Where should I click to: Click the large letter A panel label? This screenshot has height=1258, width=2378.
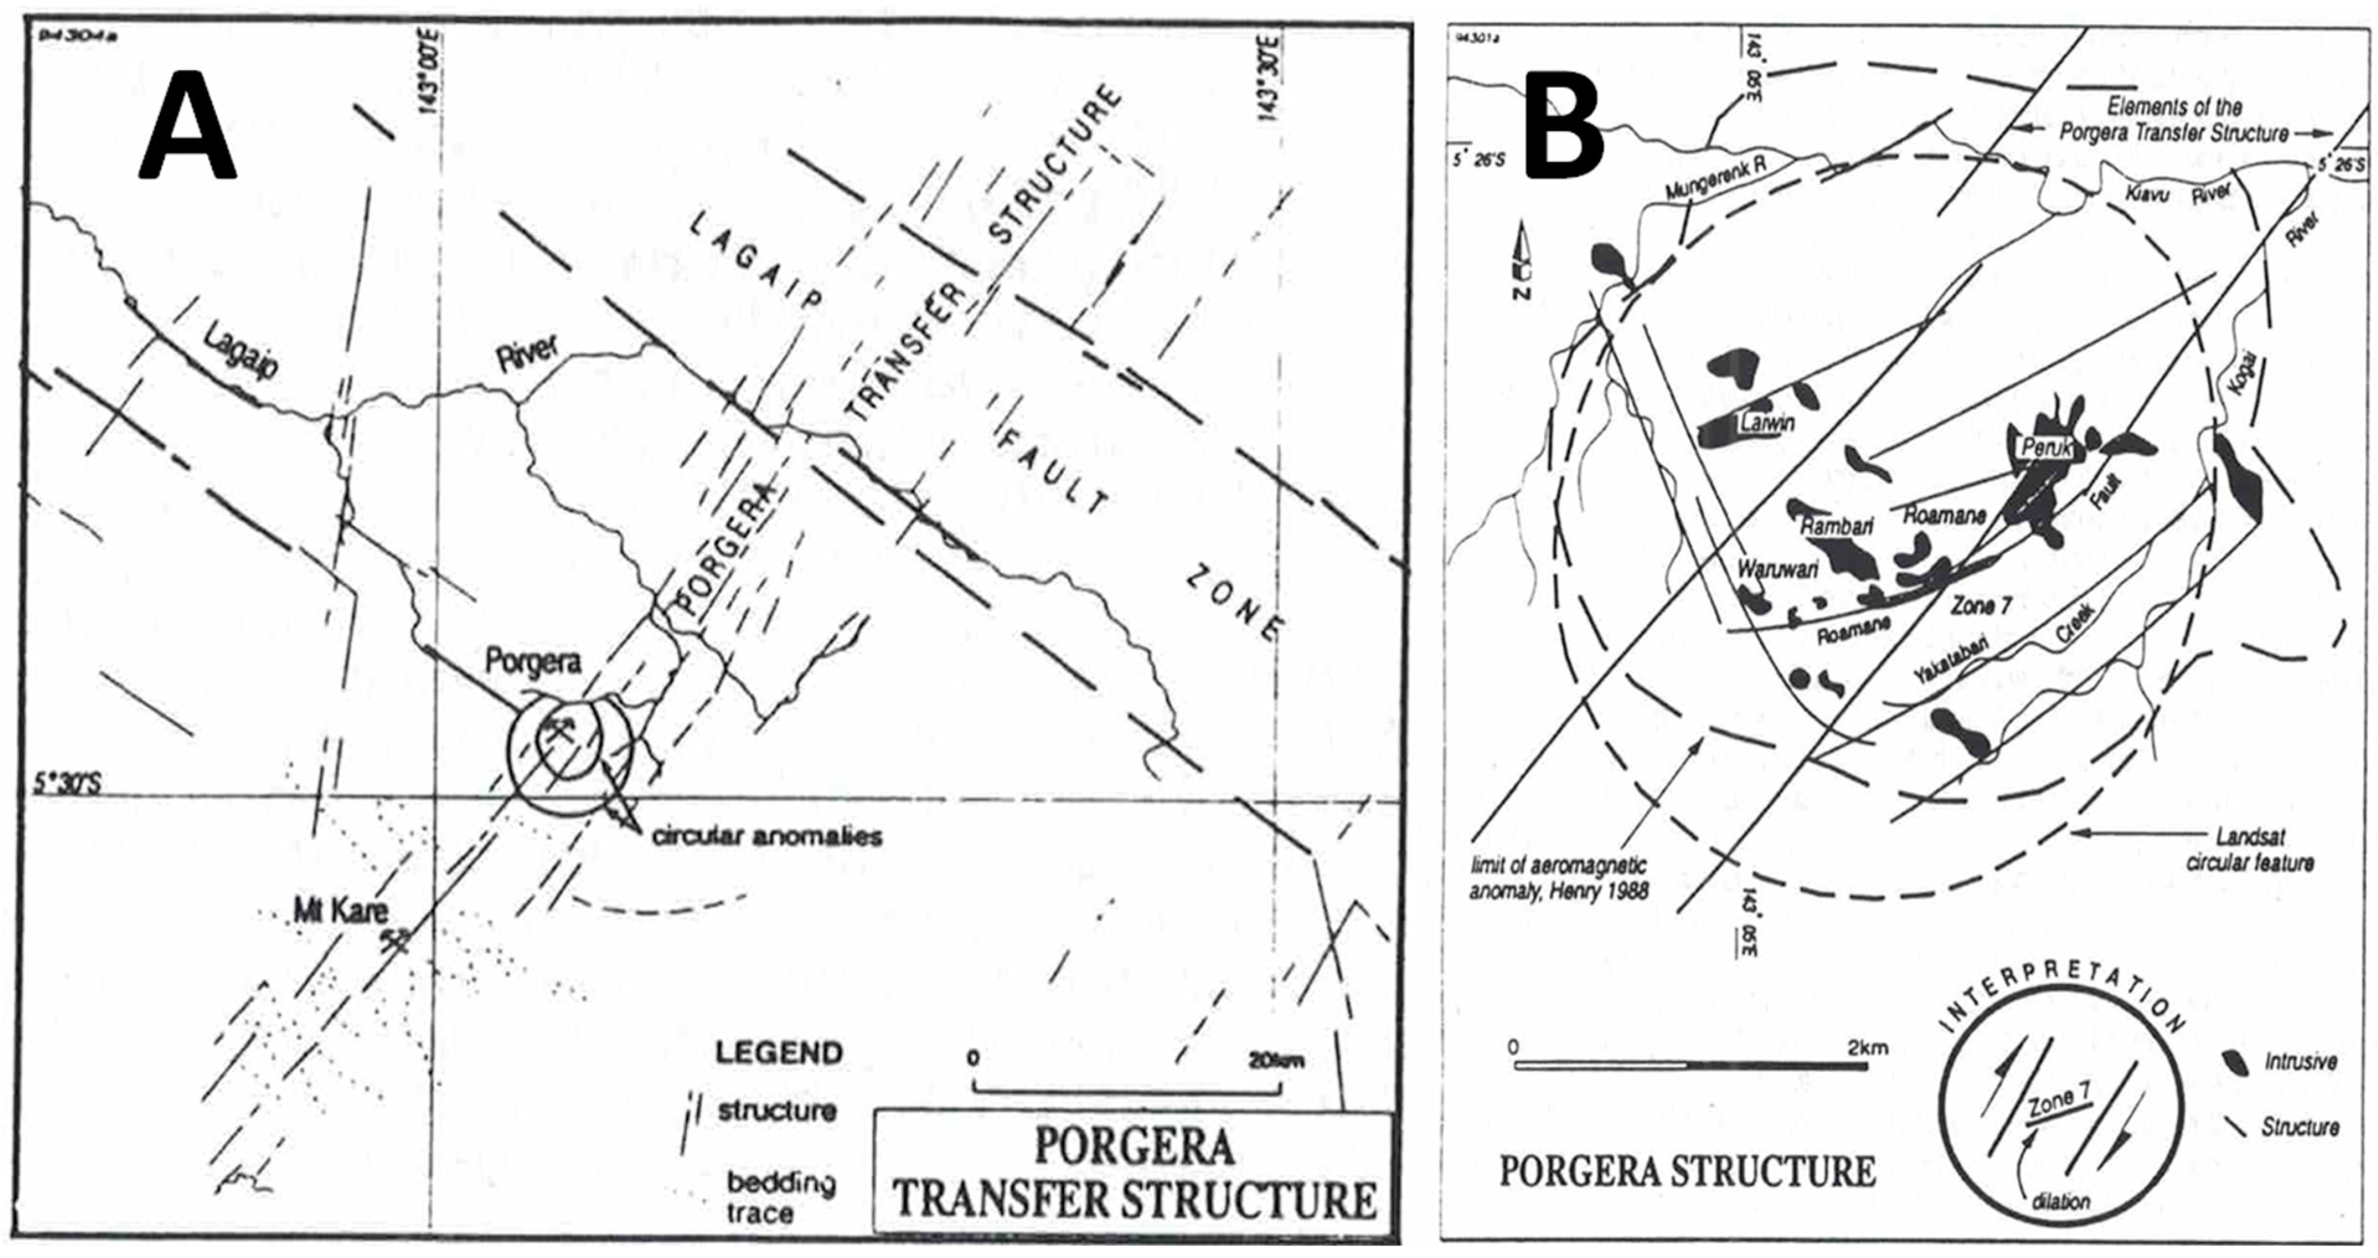[187, 126]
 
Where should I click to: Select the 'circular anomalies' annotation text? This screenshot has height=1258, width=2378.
[766, 836]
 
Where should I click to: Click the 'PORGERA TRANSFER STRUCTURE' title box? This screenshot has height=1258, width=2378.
[1134, 1172]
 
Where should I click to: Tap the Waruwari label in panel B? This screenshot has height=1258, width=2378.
[1777, 569]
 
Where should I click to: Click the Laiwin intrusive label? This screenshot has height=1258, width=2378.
[1768, 423]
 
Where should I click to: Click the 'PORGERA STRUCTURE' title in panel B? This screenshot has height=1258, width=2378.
[1687, 1172]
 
